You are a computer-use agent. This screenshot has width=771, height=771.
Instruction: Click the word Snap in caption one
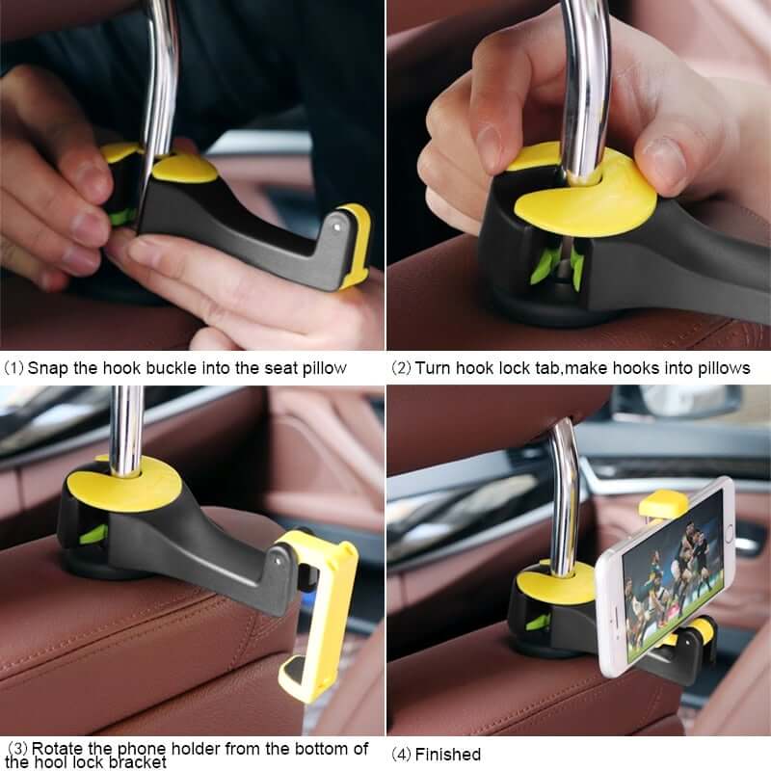pos(44,367)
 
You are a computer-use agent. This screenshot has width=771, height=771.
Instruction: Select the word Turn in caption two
pos(432,367)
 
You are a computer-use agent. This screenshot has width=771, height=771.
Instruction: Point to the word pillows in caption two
pos(724,367)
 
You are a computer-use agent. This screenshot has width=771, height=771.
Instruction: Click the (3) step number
pos(15,748)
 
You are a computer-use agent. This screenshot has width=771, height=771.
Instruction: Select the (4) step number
pos(401,754)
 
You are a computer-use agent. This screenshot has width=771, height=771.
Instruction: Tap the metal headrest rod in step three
pos(126,429)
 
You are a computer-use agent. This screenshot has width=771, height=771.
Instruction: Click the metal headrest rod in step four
pos(564,492)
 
